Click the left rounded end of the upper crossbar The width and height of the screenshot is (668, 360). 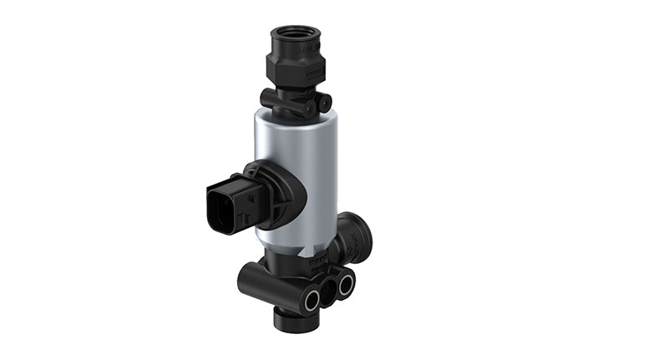[266, 99]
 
